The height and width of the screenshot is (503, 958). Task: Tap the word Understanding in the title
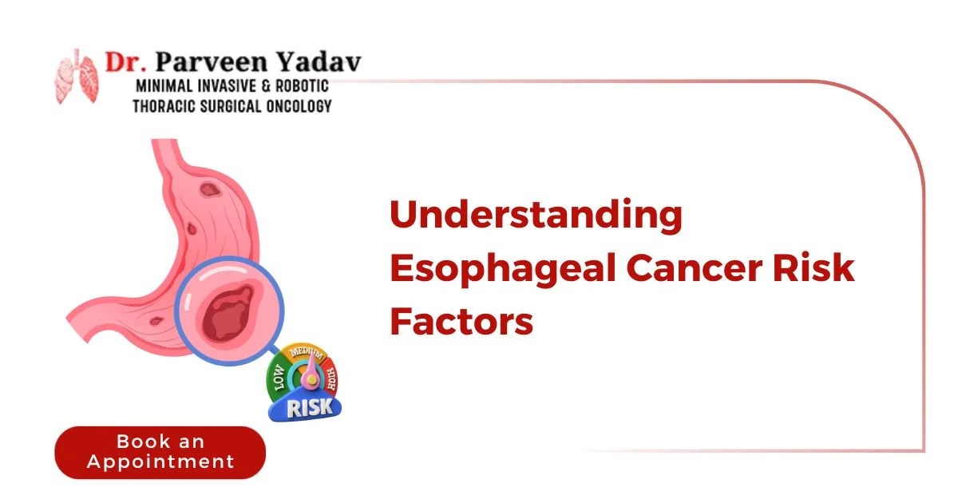click(536, 217)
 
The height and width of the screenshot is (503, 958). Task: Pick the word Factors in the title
click(461, 322)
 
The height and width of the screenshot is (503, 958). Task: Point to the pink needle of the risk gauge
click(305, 375)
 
